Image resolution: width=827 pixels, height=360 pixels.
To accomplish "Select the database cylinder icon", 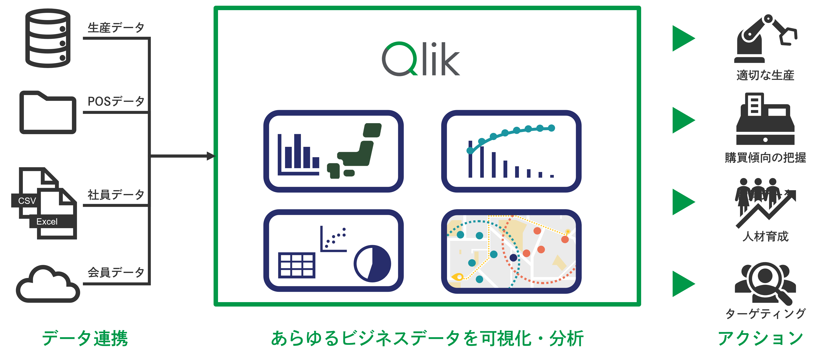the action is [48, 38].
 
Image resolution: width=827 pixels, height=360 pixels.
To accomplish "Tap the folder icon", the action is [48, 112].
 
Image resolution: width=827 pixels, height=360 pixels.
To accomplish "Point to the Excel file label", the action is [47, 222].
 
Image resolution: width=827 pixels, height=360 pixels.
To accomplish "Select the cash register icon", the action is [765, 119].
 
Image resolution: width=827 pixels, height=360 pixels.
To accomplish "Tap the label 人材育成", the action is [765, 236].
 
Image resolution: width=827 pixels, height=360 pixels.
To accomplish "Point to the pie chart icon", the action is [372, 264].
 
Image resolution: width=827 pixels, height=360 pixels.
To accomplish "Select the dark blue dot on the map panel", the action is [513, 257].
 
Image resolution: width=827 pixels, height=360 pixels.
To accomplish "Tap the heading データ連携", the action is [85, 338].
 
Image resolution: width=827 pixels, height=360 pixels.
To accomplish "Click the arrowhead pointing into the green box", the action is [211, 156].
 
